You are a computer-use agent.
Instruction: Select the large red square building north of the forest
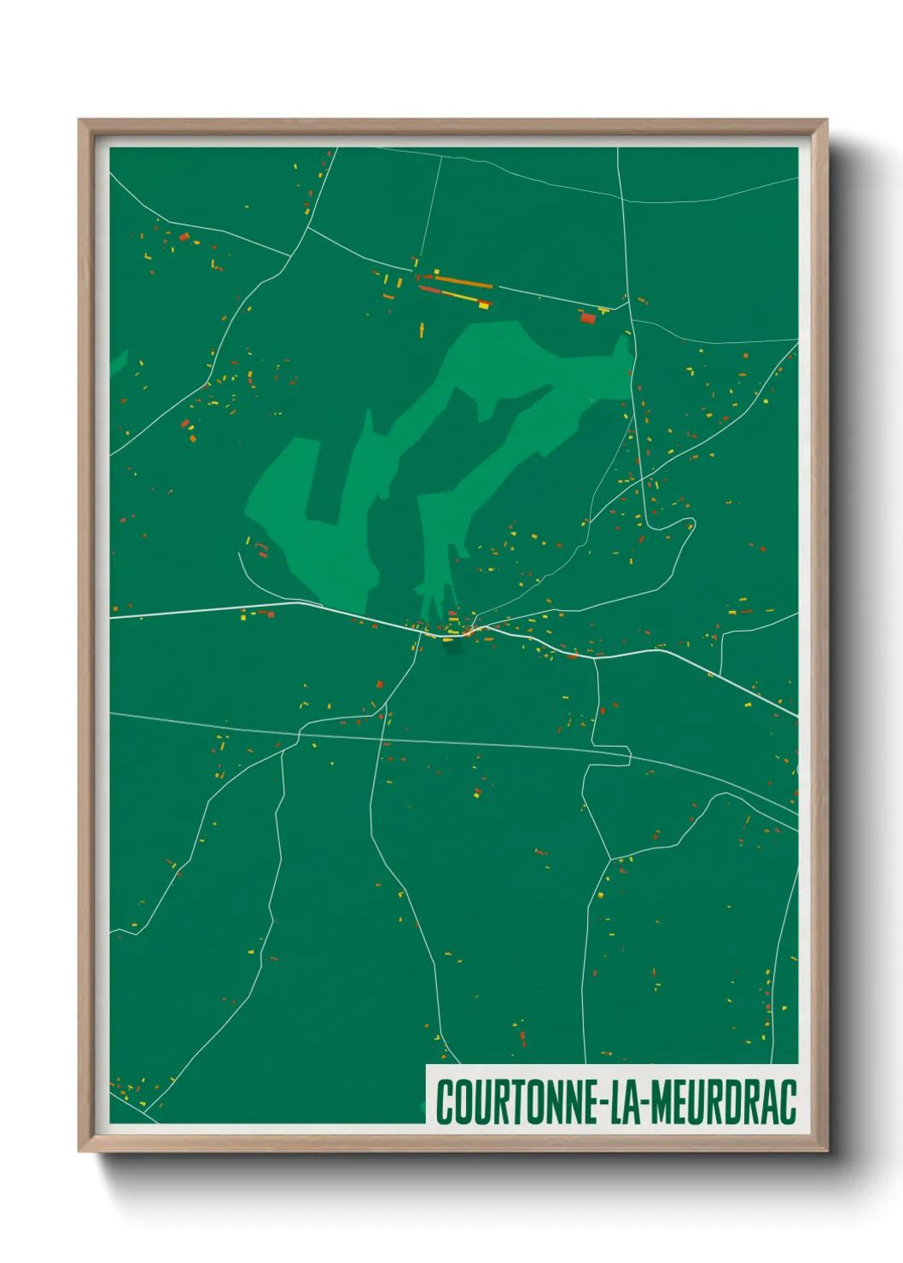coord(587,317)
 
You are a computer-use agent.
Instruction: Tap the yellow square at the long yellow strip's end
coord(484,304)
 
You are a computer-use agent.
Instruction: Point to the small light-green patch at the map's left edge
coord(118,362)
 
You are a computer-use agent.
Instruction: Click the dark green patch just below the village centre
coord(452,649)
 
